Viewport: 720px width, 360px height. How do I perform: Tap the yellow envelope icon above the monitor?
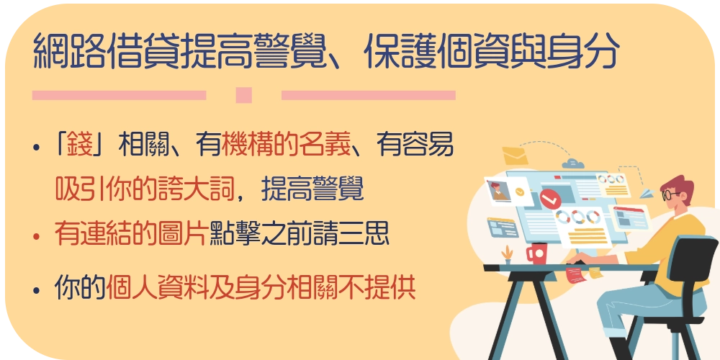pos(516,156)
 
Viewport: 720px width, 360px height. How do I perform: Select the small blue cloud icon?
pos(572,163)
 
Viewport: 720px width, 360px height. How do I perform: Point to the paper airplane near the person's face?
pos(646,194)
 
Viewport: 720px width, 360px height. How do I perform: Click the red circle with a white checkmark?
pos(550,198)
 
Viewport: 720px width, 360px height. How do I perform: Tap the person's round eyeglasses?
pos(671,195)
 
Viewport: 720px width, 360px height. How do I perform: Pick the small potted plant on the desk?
pos(507,255)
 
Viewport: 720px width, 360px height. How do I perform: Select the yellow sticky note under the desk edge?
pos(595,273)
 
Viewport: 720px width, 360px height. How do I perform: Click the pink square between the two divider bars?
pos(243,95)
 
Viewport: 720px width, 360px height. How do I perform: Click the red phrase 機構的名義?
pos(287,146)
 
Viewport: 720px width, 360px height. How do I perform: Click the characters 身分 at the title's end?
pos(582,50)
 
